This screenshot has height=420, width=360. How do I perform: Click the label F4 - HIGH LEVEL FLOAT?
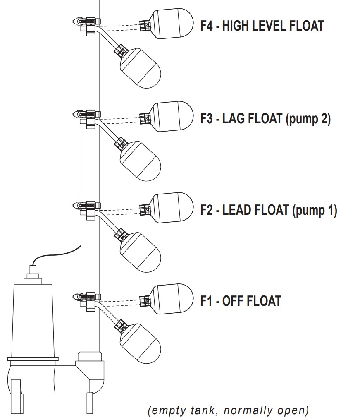pos(262,26)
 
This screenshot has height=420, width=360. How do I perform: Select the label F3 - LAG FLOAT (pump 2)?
pos(265,119)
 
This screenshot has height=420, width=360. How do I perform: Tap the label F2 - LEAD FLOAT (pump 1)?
pos(269,210)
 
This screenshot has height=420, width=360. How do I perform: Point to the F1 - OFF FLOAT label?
pos(241,301)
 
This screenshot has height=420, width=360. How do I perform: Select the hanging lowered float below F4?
pos(139,68)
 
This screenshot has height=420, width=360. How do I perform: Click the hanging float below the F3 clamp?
pos(139,161)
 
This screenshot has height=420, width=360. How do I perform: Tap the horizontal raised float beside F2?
pos(172,208)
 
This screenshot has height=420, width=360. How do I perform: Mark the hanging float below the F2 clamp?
pos(139,252)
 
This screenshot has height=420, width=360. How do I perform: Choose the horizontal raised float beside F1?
pos(172,299)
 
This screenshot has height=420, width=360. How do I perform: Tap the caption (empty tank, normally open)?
pos(228,410)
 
